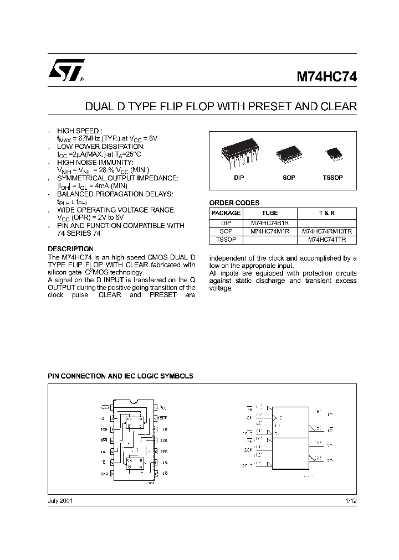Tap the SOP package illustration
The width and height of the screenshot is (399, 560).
tap(288, 152)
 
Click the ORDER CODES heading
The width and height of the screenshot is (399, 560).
tap(234, 203)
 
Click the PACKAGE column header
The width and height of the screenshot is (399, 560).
tap(226, 213)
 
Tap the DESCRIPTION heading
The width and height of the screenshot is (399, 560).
tap(70, 249)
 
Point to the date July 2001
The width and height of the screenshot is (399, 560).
tap(60, 501)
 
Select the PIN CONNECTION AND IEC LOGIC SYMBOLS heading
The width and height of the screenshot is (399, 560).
tap(120, 376)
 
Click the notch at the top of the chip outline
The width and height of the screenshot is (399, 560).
tap(133, 401)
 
